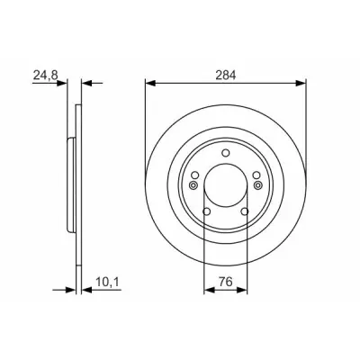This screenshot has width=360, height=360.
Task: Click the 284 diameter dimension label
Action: coord(226,75)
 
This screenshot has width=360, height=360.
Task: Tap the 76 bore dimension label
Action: coord(226,282)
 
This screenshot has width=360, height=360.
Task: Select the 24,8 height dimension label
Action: coord(45,75)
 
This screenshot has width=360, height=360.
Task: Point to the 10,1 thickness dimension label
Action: coord(108,282)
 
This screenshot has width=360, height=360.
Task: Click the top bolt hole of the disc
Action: coord(226,153)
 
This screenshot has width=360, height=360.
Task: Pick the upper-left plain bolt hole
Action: coord(195,175)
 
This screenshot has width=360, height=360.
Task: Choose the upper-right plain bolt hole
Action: coord(256,175)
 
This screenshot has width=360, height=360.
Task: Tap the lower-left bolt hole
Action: coord(207,211)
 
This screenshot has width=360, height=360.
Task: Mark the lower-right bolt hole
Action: coord(245,211)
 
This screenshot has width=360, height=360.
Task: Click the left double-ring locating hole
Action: coord(193,185)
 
